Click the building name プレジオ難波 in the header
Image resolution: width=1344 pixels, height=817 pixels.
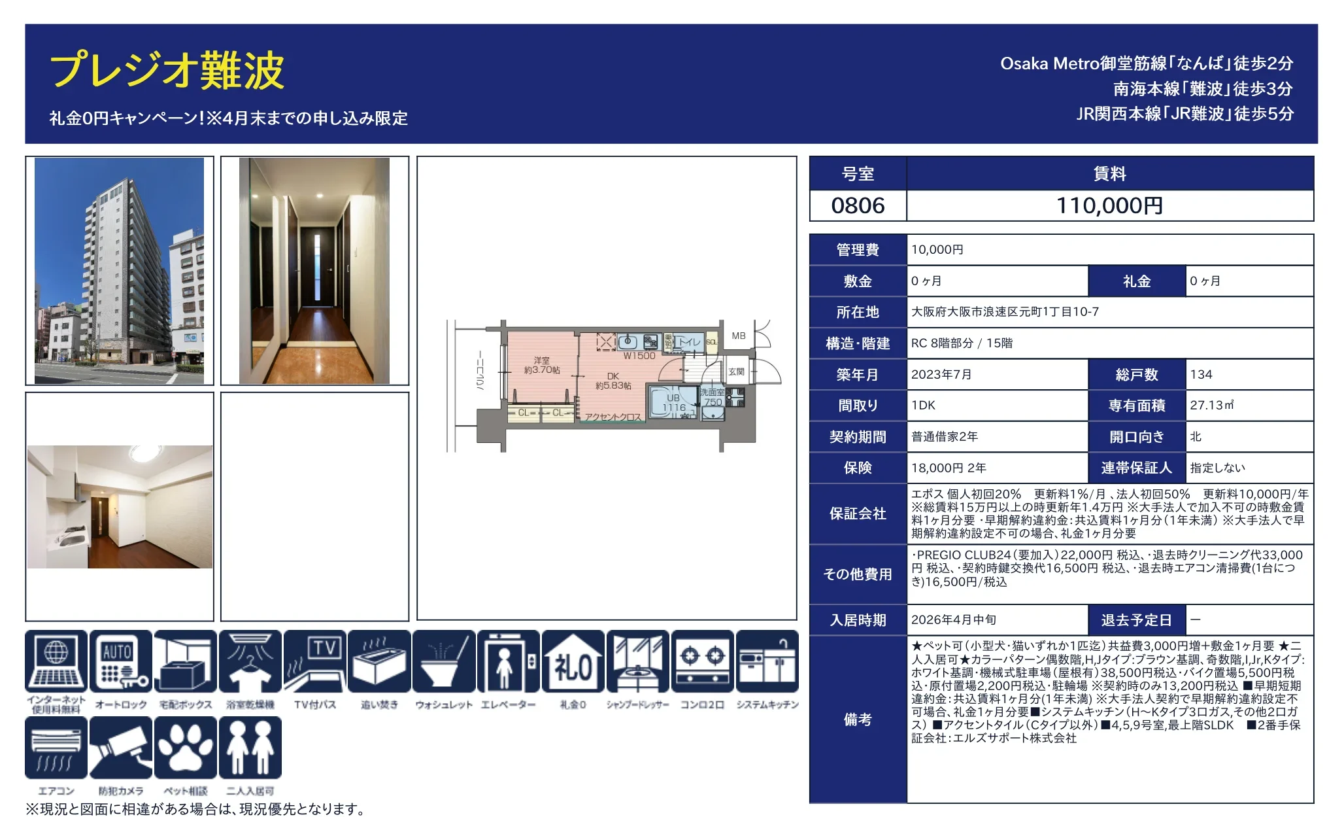pyautogui.click(x=167, y=71)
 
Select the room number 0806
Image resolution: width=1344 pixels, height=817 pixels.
pyautogui.click(x=858, y=206)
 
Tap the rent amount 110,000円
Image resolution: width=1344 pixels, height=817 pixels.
pyautogui.click(x=1109, y=206)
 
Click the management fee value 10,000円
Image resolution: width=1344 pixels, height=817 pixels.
pyautogui.click(x=937, y=250)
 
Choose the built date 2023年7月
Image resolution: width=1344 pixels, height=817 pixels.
pyautogui.click(x=941, y=375)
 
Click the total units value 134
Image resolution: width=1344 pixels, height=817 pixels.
pyautogui.click(x=1201, y=375)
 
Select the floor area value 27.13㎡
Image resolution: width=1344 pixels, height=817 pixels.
pyautogui.click(x=1211, y=406)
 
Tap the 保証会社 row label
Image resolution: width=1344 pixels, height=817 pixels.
pyautogui.click(x=858, y=514)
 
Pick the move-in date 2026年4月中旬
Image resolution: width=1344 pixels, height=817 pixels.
pyautogui.click(x=954, y=620)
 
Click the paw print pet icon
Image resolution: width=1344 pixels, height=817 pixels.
pyautogui.click(x=186, y=748)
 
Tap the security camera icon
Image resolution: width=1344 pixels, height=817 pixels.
pyautogui.click(x=121, y=748)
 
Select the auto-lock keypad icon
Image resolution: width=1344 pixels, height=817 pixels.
pyautogui.click(x=121, y=661)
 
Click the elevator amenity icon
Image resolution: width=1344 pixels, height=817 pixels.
pyautogui.click(x=509, y=661)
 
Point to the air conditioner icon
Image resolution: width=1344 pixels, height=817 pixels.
pyautogui.click(x=56, y=748)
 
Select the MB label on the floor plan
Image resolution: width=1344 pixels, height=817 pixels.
pyautogui.click(x=739, y=336)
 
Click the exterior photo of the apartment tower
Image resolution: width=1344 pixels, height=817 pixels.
pyautogui.click(x=119, y=270)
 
